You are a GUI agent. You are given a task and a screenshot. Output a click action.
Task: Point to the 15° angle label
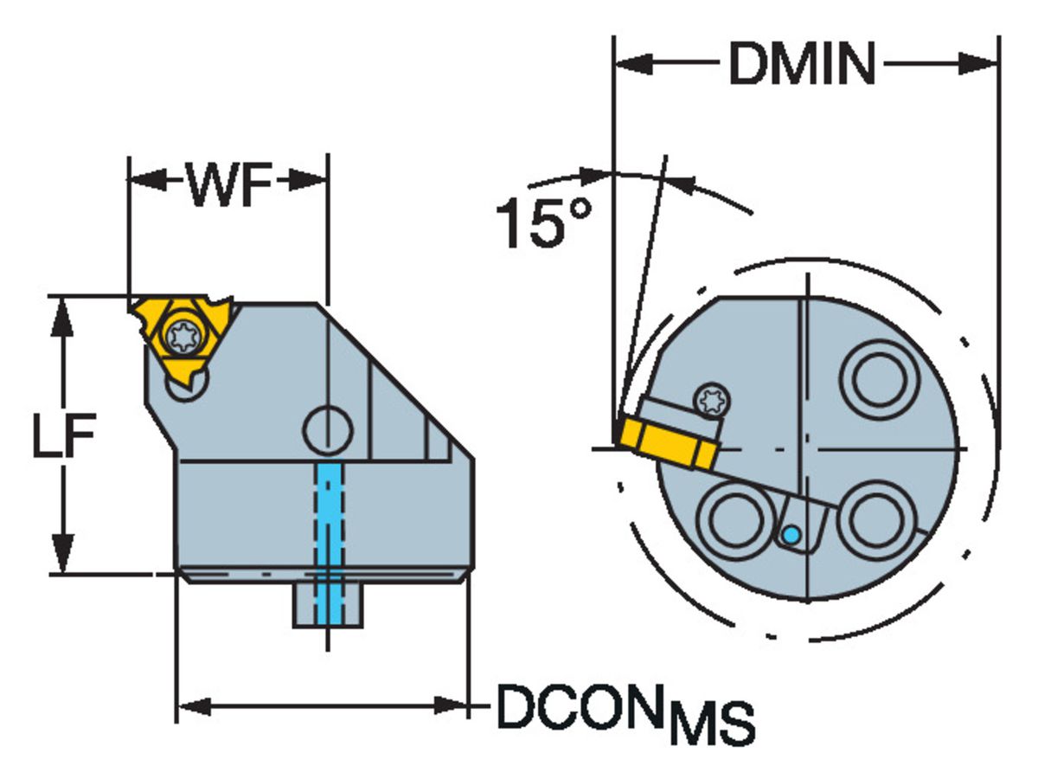click(543, 223)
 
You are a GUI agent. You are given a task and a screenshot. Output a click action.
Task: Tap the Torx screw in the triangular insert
click(183, 335)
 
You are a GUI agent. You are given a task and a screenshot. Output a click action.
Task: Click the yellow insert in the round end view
click(667, 442)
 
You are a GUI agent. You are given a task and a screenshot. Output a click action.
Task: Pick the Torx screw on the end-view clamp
click(714, 399)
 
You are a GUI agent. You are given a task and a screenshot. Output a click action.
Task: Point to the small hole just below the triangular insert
click(186, 389)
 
